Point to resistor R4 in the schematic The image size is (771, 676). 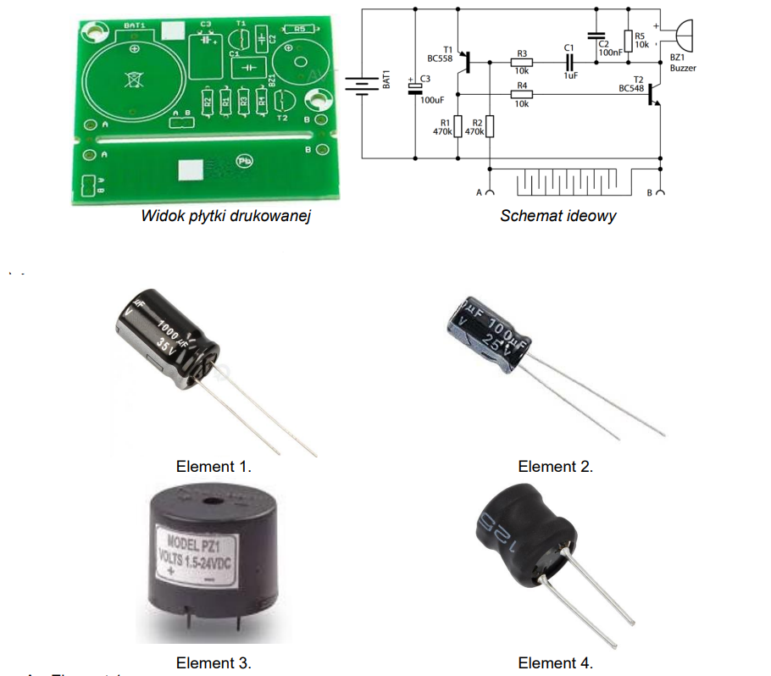521,95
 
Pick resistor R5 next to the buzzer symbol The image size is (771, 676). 629,41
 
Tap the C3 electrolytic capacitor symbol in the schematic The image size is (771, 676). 416,88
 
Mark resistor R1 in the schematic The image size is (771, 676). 458,127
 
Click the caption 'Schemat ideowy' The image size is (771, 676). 557,215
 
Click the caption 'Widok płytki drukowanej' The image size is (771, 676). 226,216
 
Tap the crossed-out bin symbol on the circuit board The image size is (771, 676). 132,81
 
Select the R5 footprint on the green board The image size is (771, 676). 298,30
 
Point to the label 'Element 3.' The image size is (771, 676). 214,662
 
